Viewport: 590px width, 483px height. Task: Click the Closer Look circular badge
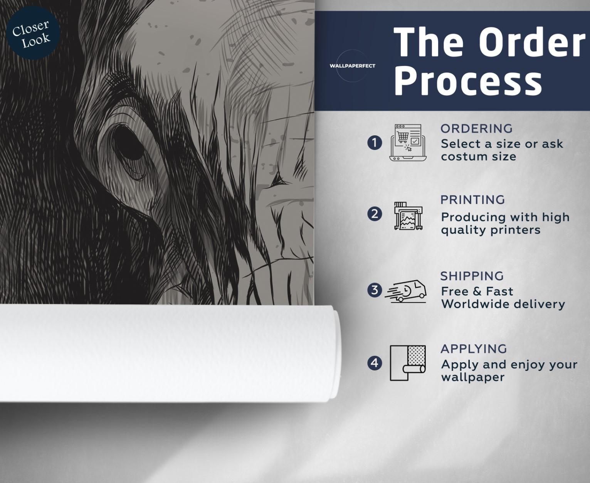point(33,33)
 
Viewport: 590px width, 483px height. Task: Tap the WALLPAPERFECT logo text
point(353,66)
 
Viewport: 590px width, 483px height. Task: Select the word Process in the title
point(468,81)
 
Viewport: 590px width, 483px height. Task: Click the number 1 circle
point(375,143)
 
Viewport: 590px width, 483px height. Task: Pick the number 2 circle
point(375,214)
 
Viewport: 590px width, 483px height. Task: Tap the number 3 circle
point(375,290)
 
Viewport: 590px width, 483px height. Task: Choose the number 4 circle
point(375,363)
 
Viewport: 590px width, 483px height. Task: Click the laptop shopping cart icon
point(408,143)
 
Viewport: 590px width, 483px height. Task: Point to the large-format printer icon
point(408,216)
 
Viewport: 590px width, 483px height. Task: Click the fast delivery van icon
point(405,291)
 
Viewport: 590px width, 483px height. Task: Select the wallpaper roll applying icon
point(408,363)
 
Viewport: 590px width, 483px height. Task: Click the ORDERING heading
point(476,129)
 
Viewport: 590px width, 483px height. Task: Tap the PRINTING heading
point(472,200)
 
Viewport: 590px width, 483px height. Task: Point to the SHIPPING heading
point(472,276)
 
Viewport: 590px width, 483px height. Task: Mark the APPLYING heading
point(474,349)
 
